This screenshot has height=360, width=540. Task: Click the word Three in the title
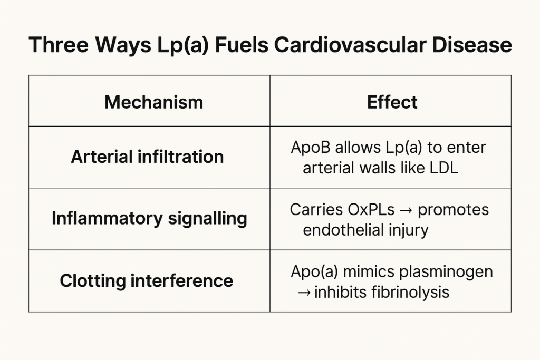pyautogui.click(x=59, y=44)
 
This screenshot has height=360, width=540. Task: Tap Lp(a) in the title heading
pyautogui.click(x=182, y=45)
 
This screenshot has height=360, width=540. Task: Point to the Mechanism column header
pyautogui.click(x=153, y=102)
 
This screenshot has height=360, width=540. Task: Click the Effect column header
pyautogui.click(x=392, y=102)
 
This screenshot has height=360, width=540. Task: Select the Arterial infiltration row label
pyautogui.click(x=148, y=157)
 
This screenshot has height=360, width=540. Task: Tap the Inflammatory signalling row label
pyautogui.click(x=149, y=219)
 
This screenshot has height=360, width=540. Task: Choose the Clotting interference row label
pyautogui.click(x=147, y=280)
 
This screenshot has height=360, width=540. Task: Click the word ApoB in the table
pyautogui.click(x=311, y=147)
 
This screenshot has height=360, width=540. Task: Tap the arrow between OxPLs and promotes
pyautogui.click(x=407, y=210)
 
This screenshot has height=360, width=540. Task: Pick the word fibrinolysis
pyautogui.click(x=410, y=292)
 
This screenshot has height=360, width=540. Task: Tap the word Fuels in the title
pyautogui.click(x=242, y=44)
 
